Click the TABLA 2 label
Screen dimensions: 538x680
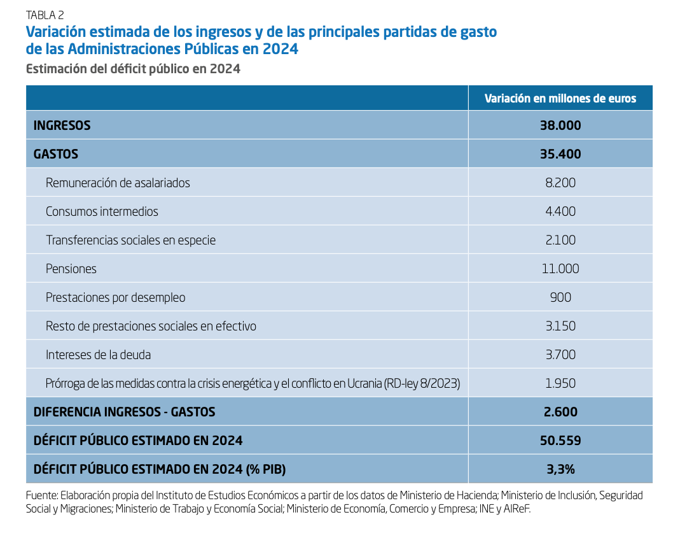(45, 15)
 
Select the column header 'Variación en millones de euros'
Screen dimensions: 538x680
(560, 99)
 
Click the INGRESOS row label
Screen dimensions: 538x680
(62, 125)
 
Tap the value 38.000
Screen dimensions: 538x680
(560, 125)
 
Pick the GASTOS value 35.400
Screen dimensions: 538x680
(560, 154)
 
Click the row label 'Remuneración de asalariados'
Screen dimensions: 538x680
(118, 183)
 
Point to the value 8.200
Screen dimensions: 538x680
(560, 183)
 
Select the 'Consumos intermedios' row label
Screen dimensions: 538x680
(102, 211)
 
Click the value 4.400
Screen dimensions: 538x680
(560, 211)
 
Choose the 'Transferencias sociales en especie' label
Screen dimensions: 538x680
(130, 240)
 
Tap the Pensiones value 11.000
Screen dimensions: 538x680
(560, 269)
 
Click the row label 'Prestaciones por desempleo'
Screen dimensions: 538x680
(115, 297)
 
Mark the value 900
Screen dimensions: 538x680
(560, 297)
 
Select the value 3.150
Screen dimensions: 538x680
(560, 326)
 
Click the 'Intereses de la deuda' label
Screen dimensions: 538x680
(98, 355)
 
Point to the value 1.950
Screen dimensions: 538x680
(560, 383)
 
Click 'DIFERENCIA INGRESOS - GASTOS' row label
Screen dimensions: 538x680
(124, 412)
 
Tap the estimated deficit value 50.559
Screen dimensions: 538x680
(560, 441)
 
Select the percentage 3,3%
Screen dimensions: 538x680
(560, 469)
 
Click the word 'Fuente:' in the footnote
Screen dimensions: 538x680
(41, 495)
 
